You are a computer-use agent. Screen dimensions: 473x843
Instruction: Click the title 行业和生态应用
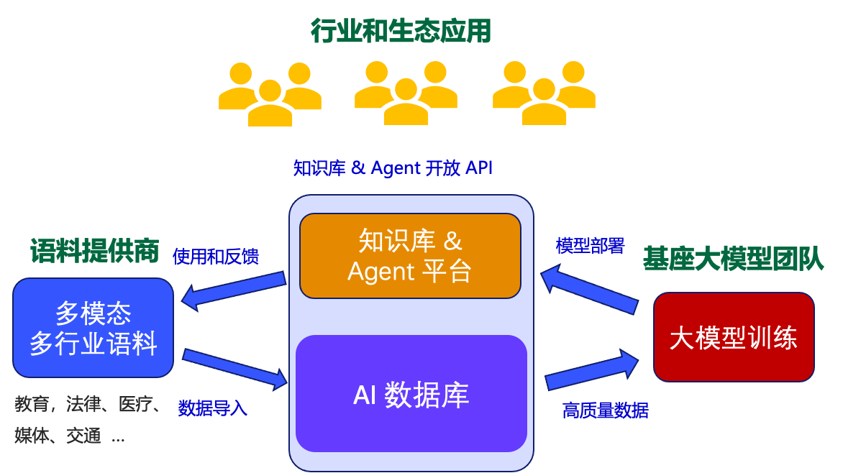[401, 31]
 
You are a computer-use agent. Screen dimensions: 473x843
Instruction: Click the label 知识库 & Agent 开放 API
[393, 168]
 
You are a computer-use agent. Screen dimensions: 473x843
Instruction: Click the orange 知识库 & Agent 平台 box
[410, 256]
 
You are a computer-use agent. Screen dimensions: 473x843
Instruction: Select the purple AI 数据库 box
[411, 394]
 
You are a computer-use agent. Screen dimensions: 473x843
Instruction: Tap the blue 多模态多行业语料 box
[94, 328]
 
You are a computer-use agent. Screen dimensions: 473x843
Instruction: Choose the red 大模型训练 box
[733, 337]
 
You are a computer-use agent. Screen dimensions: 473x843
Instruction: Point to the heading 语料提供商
[94, 251]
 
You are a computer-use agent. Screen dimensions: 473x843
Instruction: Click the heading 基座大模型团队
[732, 259]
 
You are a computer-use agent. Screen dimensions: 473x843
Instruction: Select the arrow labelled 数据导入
[234, 367]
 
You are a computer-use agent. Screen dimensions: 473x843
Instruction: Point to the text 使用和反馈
[216, 257]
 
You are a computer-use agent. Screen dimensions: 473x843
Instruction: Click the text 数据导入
[212, 408]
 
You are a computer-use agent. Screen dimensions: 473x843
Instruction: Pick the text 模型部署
[591, 246]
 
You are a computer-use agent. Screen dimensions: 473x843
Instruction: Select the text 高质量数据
[605, 410]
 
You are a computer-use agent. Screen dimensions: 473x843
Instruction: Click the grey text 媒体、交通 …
[70, 436]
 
